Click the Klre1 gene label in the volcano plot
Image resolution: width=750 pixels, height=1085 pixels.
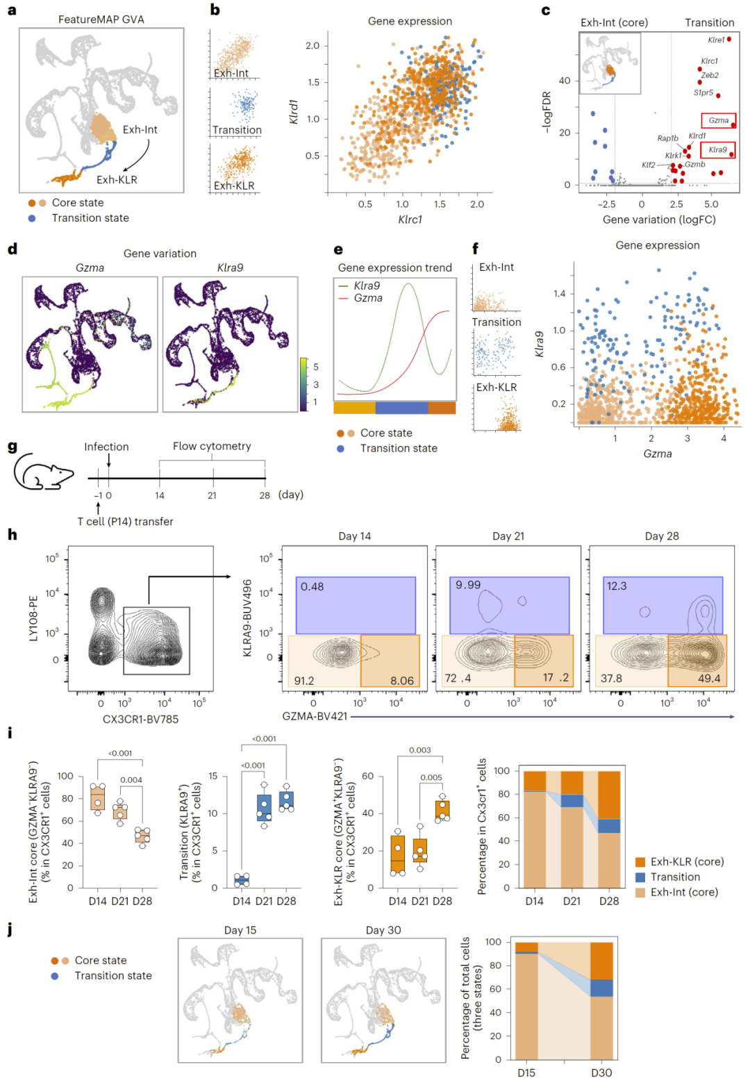tap(715, 40)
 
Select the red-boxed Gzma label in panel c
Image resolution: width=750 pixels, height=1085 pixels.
tap(718, 121)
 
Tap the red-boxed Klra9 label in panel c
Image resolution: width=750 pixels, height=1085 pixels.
tap(717, 149)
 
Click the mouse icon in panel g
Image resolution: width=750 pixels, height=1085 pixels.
tap(43, 472)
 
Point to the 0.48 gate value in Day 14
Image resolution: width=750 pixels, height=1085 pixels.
tap(312, 587)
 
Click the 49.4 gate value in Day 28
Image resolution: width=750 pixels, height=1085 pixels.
tap(708, 678)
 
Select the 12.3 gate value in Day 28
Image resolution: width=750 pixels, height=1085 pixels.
tap(617, 586)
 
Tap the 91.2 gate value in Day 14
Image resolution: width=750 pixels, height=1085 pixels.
tap(304, 681)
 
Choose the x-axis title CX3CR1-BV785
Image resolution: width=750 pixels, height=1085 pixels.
tap(140, 719)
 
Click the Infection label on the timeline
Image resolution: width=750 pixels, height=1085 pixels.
tap(106, 447)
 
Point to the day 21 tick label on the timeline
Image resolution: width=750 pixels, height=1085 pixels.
tap(212, 495)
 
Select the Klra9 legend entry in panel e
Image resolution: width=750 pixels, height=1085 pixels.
tap(367, 285)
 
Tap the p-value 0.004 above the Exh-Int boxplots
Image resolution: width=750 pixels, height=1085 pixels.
tap(131, 780)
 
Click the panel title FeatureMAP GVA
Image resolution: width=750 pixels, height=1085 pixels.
tap(101, 19)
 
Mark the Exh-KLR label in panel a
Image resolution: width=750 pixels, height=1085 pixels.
tap(117, 180)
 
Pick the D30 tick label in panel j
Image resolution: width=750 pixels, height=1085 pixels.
tap(601, 1072)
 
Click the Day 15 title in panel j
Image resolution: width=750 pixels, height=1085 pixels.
tap(240, 930)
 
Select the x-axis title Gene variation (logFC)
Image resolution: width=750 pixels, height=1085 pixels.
tap(659, 220)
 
